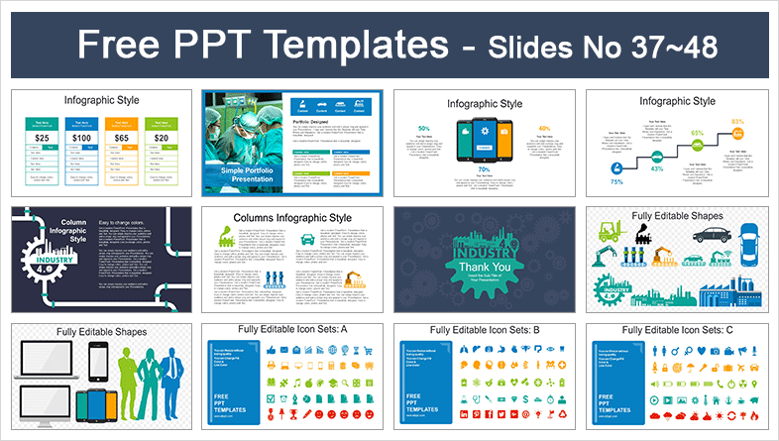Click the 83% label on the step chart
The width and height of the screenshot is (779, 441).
(737, 122)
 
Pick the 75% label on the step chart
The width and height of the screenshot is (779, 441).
(616, 181)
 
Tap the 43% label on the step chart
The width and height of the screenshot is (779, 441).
(655, 168)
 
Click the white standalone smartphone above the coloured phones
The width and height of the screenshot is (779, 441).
(98, 358)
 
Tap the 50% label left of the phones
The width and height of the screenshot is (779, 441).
(424, 130)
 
